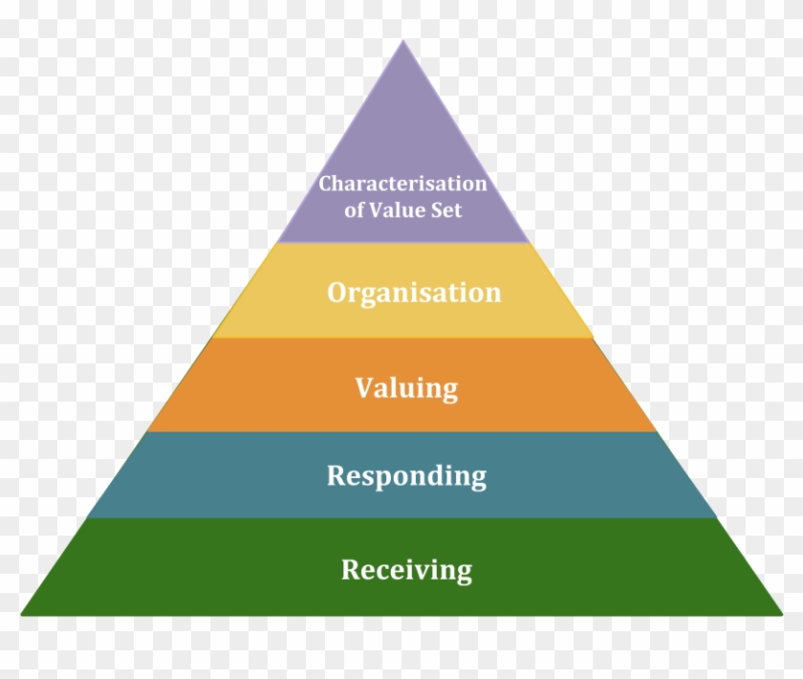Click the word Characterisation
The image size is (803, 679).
(402, 184)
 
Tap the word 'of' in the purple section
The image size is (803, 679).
(354, 210)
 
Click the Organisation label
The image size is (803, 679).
(414, 294)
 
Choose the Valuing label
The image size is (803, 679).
(406, 388)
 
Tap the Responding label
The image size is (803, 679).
(406, 476)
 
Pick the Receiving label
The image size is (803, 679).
(406, 570)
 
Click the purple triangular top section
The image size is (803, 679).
(403, 169)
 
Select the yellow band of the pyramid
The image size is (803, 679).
(403, 290)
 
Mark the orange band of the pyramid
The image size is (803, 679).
(403, 384)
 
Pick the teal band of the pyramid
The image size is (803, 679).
(403, 474)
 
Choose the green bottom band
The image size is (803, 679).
(403, 567)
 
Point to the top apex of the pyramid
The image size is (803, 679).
(403, 40)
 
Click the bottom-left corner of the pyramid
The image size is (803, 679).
(21, 614)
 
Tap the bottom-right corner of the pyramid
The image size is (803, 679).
(783, 614)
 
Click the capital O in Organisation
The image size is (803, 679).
(338, 293)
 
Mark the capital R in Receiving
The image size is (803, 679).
(352, 569)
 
